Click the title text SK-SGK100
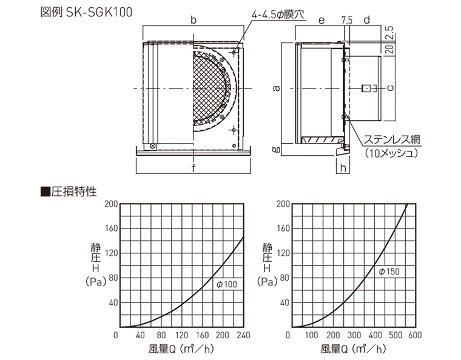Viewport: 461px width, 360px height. tap(99, 12)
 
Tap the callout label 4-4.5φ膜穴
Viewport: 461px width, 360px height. tap(278, 15)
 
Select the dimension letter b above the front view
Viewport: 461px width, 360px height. tap(193, 19)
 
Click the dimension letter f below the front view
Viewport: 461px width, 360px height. tap(193, 168)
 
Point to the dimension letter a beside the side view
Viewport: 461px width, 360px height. tap(276, 88)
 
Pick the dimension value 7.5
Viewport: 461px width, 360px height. tap(347, 20)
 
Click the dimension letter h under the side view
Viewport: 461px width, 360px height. tap(343, 168)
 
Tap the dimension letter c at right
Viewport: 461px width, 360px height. tap(391, 88)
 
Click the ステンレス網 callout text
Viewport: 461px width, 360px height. tap(392, 140)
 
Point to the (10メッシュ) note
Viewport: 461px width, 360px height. tap(392, 153)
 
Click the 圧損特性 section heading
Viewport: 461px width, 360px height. tap(74, 192)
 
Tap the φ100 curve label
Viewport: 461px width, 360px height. tap(227, 284)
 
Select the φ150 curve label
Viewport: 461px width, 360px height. tap(389, 272)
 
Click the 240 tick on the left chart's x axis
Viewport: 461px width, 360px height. tap(243, 335)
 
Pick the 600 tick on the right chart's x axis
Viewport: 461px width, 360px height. tap(415, 335)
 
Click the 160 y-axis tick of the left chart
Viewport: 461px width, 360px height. tap(111, 228)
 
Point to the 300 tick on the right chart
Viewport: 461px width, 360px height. tap(354, 335)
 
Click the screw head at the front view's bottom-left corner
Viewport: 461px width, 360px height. tap(152, 145)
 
